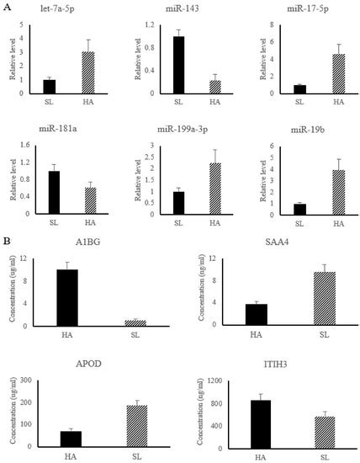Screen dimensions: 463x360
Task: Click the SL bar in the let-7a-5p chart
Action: (x=49, y=87)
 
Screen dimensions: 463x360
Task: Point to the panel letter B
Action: (x=8, y=240)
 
